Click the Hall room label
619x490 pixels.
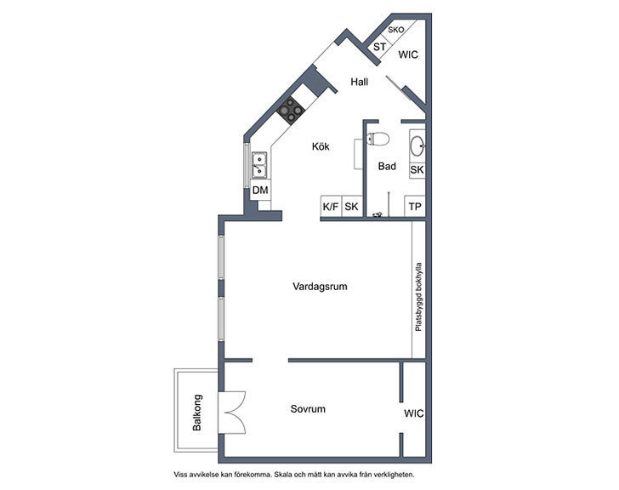[359, 82]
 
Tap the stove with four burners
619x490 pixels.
[291, 110]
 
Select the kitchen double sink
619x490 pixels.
[259, 165]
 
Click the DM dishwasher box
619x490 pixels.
[260, 190]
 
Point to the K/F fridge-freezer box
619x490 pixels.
[331, 207]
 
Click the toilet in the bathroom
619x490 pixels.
[378, 139]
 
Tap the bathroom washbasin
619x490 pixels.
[417, 146]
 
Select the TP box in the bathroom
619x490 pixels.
[415, 207]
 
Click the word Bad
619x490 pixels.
[387, 166]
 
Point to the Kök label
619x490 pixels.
[321, 146]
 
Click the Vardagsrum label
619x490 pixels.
[320, 287]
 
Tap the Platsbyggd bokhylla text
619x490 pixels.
[418, 297]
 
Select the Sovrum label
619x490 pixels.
[308, 408]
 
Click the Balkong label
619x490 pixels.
[196, 413]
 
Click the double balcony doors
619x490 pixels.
[232, 413]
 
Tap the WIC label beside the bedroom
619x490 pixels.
[414, 413]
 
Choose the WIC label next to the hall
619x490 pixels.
[408, 54]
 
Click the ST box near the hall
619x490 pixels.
[379, 47]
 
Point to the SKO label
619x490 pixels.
[396, 30]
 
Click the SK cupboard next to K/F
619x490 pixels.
[351, 207]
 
